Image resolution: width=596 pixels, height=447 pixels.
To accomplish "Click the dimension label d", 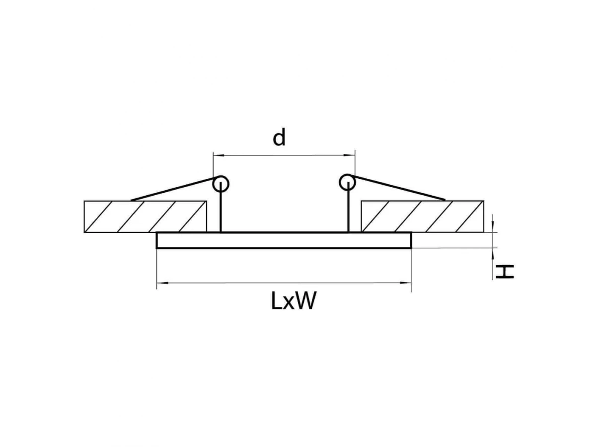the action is click(x=279, y=138).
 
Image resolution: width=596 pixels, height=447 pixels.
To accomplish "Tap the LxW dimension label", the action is click(x=294, y=301).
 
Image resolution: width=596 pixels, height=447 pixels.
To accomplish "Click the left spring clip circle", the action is click(x=221, y=184).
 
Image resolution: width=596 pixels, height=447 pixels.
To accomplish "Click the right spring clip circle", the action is click(x=347, y=182).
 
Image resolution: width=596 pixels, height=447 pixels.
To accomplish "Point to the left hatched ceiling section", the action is click(x=145, y=217).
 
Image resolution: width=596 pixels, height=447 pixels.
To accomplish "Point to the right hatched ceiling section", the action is click(x=422, y=217).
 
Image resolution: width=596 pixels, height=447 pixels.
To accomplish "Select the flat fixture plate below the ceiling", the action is click(x=284, y=240).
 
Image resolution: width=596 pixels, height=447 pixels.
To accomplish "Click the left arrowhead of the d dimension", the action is click(x=219, y=155).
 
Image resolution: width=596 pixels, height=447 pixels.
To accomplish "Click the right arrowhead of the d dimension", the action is click(x=350, y=155).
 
